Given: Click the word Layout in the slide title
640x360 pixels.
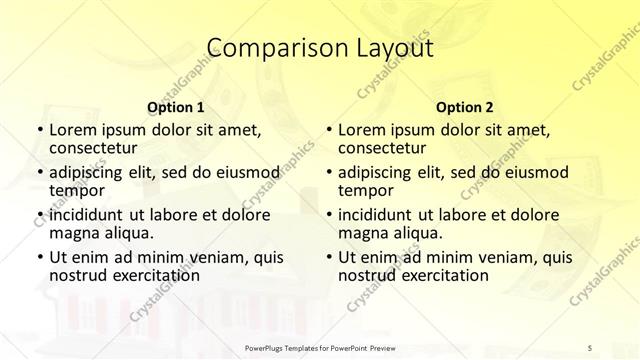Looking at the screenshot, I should pos(386,47).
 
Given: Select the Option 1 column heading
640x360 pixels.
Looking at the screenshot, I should pos(176,107).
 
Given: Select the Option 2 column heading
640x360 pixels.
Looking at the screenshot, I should pos(465,107).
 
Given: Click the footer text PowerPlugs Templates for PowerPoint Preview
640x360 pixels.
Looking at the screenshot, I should pos(320,347).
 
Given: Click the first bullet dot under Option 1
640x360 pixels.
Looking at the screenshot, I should pos(38,130).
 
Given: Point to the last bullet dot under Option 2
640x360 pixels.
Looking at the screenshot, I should pos(328,257).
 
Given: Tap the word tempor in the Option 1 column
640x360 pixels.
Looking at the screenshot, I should pos(77,189).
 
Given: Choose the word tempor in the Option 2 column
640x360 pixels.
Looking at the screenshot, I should pos(366,189).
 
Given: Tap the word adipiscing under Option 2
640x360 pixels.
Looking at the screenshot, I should pos(375,172).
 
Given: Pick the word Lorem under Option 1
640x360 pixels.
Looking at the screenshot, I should pos(72,130).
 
